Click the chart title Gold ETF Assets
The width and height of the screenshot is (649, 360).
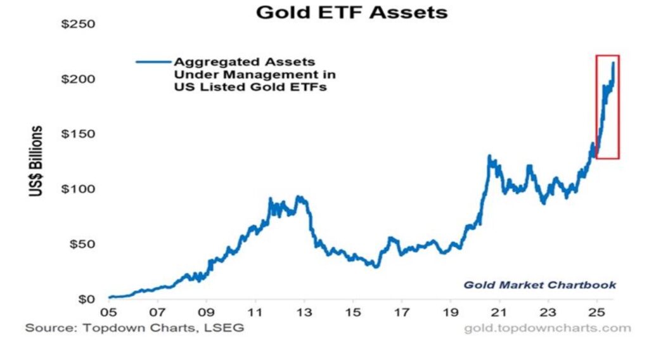pyautogui.click(x=351, y=11)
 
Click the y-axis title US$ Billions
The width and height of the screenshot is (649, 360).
pyautogui.click(x=37, y=161)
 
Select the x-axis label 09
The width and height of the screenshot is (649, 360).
pyautogui.click(x=206, y=313)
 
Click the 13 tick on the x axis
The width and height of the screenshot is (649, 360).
pyautogui.click(x=304, y=313)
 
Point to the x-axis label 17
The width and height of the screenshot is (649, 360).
pyautogui.click(x=402, y=313)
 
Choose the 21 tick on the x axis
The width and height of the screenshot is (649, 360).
pyautogui.click(x=500, y=313)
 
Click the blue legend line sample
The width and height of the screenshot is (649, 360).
pyautogui.click(x=153, y=61)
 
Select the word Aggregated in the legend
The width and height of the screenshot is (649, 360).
pyautogui.click(x=205, y=62)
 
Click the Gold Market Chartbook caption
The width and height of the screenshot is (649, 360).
pyautogui.click(x=539, y=285)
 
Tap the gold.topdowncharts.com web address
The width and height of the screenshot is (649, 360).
pyautogui.click(x=547, y=328)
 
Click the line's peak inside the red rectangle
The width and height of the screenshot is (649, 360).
pyautogui.click(x=613, y=62)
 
